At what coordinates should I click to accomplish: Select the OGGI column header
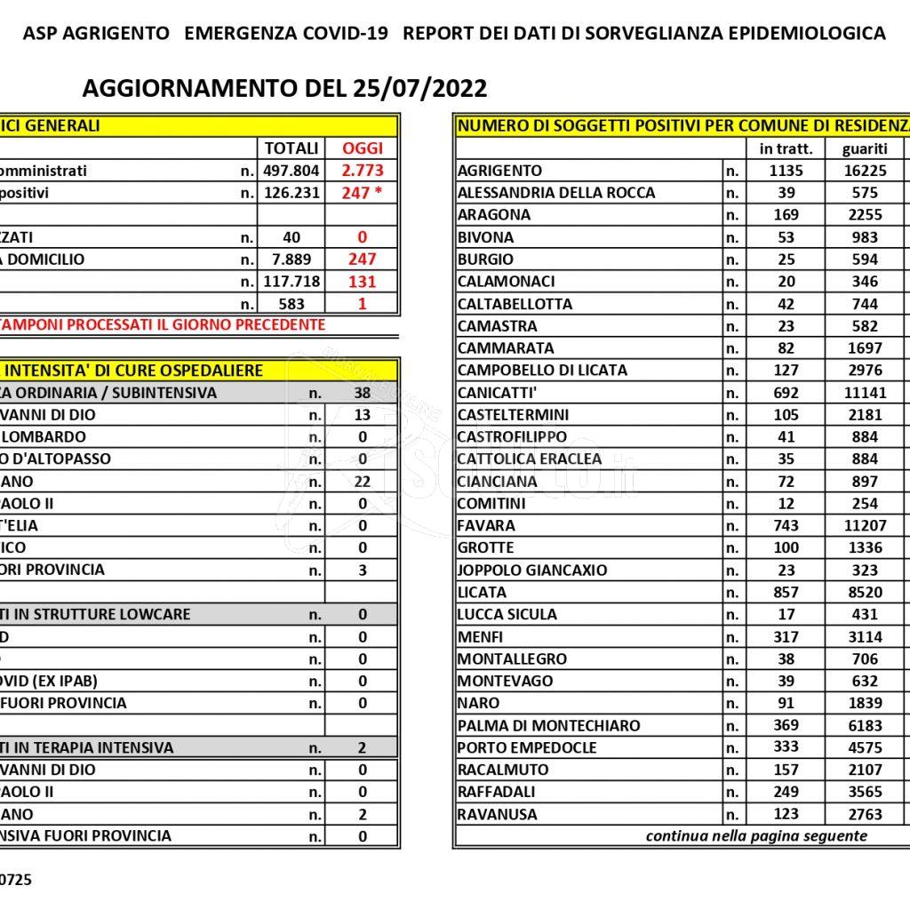[363, 148]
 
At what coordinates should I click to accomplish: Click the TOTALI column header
[291, 148]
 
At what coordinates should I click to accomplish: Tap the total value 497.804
[291, 171]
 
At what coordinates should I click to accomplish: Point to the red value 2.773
[363, 171]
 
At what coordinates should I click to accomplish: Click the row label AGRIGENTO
[499, 171]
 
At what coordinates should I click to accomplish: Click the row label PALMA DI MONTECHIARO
[548, 726]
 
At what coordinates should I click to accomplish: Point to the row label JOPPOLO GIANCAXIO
[532, 571]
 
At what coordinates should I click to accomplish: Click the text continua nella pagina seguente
[756, 836]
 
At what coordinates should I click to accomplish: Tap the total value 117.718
[291, 282]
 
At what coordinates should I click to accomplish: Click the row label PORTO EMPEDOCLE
[527, 748]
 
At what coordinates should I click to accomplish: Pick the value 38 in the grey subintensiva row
[363, 393]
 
